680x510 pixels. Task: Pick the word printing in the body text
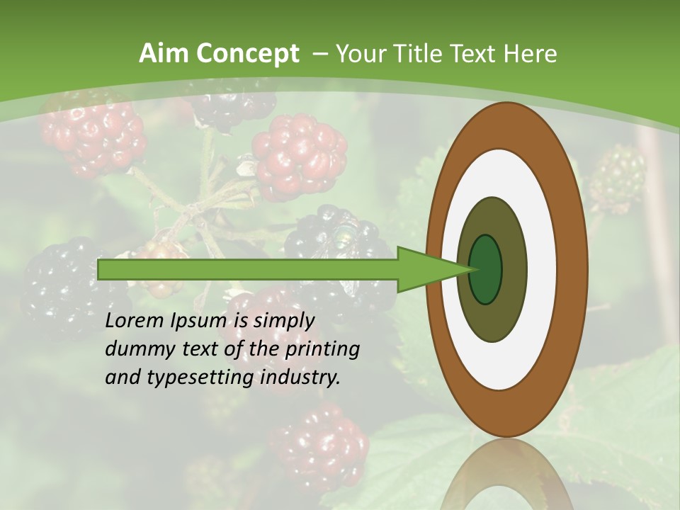322,350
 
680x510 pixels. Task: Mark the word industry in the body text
300,378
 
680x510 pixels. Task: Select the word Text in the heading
481,54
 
